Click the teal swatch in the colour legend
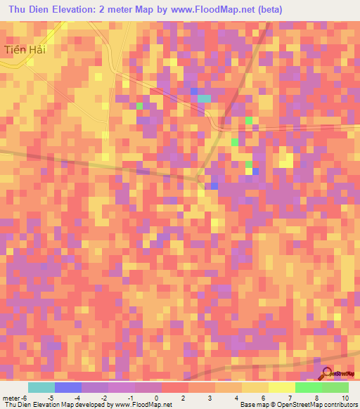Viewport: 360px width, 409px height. point(41,387)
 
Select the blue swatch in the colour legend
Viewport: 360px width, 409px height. point(68,387)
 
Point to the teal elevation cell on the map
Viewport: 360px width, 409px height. point(204,98)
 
